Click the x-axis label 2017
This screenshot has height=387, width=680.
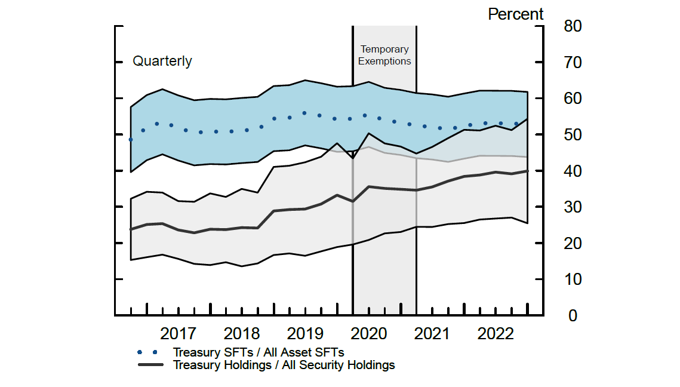click(x=178, y=333)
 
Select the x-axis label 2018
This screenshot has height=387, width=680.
click(x=241, y=333)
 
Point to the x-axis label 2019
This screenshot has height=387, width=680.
click(x=305, y=333)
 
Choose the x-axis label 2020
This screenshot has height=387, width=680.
click(x=368, y=333)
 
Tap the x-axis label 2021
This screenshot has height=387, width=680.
click(x=432, y=333)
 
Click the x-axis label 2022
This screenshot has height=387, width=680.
click(x=496, y=333)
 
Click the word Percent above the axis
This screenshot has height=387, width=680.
click(x=516, y=14)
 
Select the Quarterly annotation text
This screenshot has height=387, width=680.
click(x=162, y=62)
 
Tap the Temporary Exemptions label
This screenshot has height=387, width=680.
click(x=384, y=55)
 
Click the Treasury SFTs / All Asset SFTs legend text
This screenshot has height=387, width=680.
click(x=259, y=352)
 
